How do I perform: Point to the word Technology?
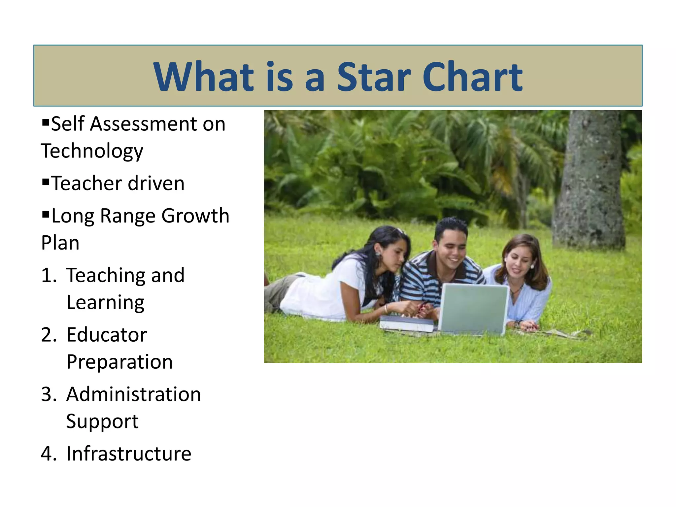point(92,152)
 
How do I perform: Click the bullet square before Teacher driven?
point(46,181)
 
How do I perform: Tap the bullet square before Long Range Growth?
point(46,214)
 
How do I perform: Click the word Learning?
point(105,303)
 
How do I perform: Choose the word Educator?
point(107,335)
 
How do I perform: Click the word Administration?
point(134,394)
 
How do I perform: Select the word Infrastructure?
point(129,454)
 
